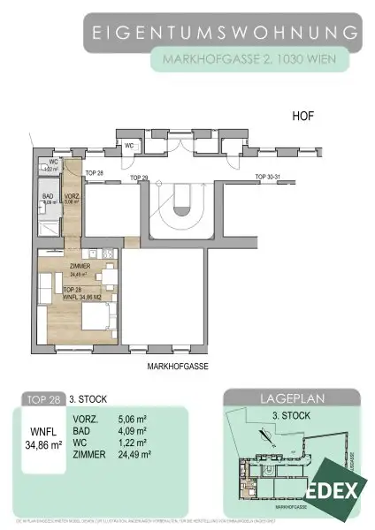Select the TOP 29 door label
(139, 178)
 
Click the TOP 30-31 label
(266, 178)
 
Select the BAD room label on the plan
(49, 196)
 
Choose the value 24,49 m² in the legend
(158, 456)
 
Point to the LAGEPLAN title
(292, 399)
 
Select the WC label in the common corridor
(129, 146)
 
